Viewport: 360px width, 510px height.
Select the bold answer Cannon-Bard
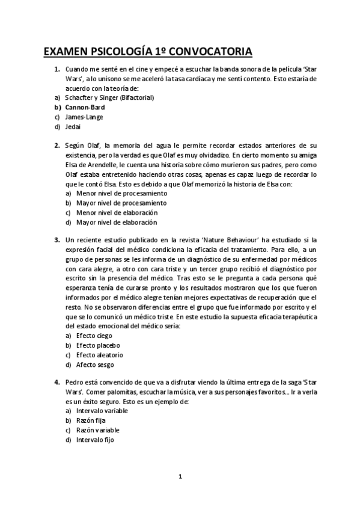point(85,107)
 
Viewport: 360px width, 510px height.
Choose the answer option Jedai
point(73,127)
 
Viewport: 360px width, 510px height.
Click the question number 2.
point(56,146)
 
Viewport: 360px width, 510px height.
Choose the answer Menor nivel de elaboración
point(112,213)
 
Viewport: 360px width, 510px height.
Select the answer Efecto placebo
point(97,345)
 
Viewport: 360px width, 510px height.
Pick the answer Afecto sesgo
point(95,364)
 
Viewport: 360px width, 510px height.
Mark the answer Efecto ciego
point(94,336)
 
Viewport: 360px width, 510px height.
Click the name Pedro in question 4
point(75,382)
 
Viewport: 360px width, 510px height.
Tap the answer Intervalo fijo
point(95,440)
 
